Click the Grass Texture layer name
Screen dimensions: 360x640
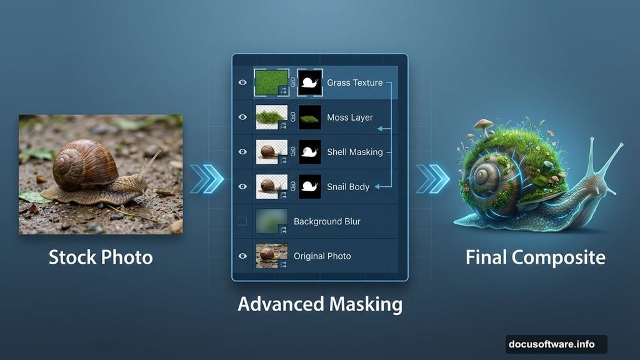click(x=354, y=82)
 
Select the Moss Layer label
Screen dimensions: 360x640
click(x=349, y=117)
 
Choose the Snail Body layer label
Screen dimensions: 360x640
click(x=348, y=187)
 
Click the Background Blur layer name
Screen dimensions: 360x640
click(x=327, y=221)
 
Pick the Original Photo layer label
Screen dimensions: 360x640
click(x=322, y=256)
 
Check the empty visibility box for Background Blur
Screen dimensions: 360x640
click(x=242, y=221)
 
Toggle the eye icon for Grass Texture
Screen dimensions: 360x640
click(x=242, y=82)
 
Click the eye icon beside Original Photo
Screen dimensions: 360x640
click(x=242, y=256)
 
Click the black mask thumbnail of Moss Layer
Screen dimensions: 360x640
click(x=310, y=117)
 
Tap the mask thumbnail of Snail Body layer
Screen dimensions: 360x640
click(x=310, y=186)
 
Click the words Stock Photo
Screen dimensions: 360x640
click(x=101, y=257)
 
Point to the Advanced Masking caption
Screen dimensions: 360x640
click(x=319, y=304)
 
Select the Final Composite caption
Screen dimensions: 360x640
click(x=536, y=257)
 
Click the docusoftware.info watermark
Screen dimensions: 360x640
click(x=552, y=344)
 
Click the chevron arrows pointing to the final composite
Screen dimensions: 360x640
click(x=432, y=179)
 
